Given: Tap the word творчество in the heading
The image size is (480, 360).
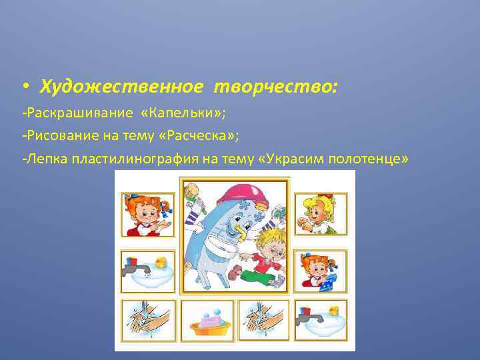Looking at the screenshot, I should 275,87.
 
